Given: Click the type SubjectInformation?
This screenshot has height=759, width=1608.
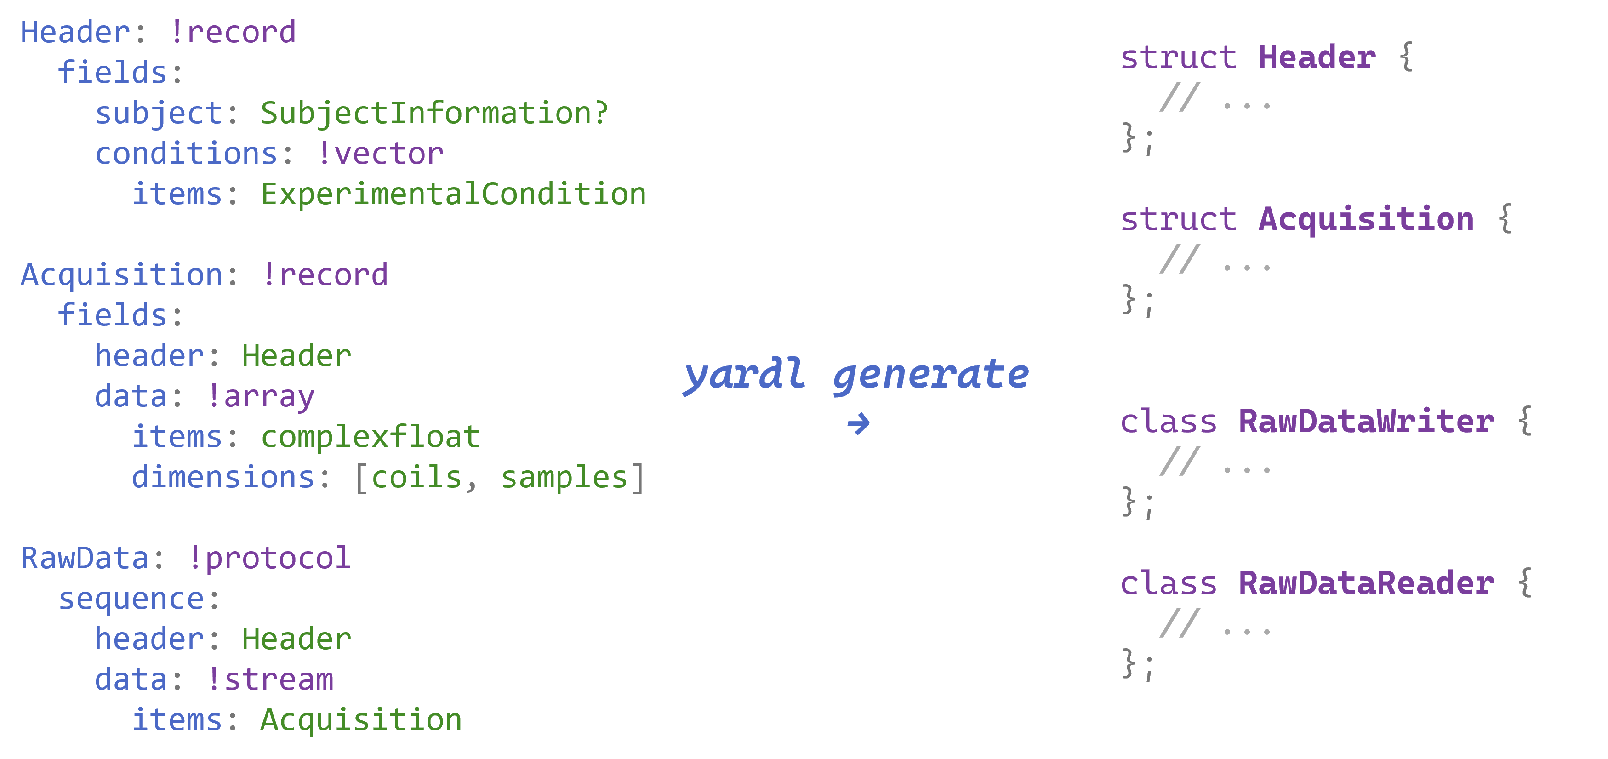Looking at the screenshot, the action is pyautogui.click(x=434, y=114).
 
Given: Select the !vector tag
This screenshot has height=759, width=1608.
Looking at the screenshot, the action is pyautogui.click(x=381, y=154).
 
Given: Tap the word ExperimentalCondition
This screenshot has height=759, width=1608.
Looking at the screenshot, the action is pyautogui.click(x=453, y=194).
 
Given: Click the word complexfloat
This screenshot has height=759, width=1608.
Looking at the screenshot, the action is pyautogui.click(x=370, y=437).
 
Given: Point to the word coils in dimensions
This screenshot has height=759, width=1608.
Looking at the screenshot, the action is pyautogui.click(x=416, y=478).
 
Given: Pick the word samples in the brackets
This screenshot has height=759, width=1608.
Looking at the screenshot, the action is pyautogui.click(x=564, y=478).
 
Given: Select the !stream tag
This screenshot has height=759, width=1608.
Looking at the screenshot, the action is pyautogui.click(x=270, y=680).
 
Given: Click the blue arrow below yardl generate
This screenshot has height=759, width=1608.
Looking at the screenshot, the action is pyautogui.click(x=858, y=424).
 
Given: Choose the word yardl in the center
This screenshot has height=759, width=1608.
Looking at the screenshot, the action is pyautogui.click(x=744, y=375).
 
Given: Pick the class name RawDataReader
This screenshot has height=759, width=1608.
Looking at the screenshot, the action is pyautogui.click(x=1366, y=583).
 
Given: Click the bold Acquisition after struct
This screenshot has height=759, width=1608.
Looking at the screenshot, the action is pyautogui.click(x=1366, y=219).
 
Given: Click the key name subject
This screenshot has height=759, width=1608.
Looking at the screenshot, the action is pyautogui.click(x=159, y=114).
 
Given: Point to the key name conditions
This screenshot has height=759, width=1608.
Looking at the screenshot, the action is pyautogui.click(x=186, y=154).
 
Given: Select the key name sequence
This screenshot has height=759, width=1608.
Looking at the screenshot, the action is pyautogui.click(x=131, y=599).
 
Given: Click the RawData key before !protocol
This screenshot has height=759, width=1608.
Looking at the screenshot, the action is pyautogui.click(x=85, y=558).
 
